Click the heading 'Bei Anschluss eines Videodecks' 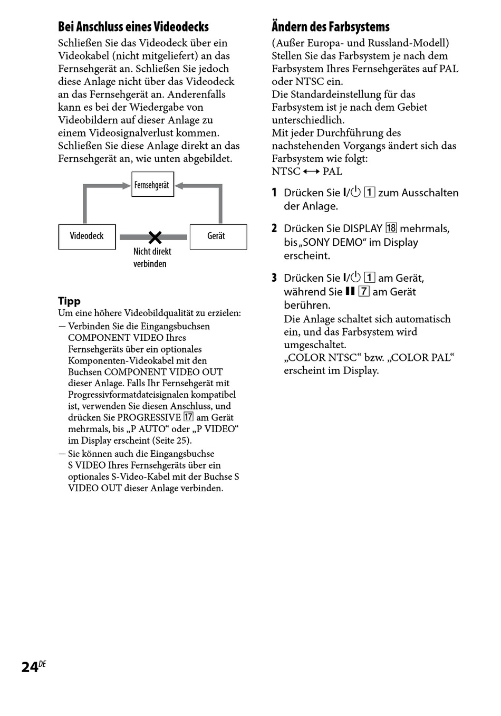click(x=133, y=27)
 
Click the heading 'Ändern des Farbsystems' click(x=331, y=27)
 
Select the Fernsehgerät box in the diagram click(x=152, y=185)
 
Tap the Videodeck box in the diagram click(x=87, y=236)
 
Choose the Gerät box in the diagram click(x=218, y=236)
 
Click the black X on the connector click(x=155, y=237)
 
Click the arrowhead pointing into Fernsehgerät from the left click(x=127, y=185)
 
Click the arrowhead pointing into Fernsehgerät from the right click(x=179, y=185)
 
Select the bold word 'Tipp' click(x=69, y=301)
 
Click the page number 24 click(x=30, y=667)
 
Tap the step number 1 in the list click(x=274, y=193)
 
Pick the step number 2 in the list click(x=274, y=228)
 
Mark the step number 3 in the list click(x=274, y=278)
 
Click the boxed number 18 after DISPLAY click(x=391, y=228)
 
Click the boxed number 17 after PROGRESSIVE click(x=188, y=417)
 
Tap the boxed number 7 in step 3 click(x=364, y=291)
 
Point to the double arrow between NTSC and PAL click(x=311, y=171)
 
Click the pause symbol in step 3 click(x=350, y=291)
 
